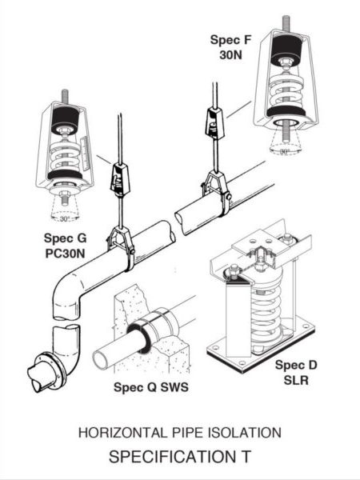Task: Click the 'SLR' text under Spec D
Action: [299, 380]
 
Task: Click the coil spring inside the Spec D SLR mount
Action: [265, 308]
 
